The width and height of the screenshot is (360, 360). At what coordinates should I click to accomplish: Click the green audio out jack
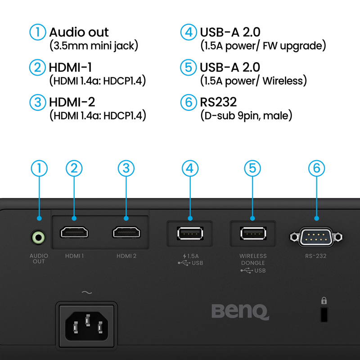coord(39,236)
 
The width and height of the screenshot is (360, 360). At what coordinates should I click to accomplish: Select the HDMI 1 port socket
coord(74,233)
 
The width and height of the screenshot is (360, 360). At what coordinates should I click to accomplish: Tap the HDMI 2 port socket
coord(126,233)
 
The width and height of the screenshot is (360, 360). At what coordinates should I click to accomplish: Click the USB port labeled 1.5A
coord(190,233)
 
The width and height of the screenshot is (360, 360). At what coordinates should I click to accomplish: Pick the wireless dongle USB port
coord(252,233)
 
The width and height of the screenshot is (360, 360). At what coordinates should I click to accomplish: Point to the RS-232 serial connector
coord(316,236)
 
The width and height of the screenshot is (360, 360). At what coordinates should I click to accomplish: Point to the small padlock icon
coord(324,301)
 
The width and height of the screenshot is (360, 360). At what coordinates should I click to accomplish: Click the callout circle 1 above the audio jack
coord(39,168)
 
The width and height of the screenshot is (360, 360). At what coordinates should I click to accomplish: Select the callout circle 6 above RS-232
coord(316,168)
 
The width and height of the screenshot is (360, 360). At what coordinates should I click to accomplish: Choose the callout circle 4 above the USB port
coord(190,168)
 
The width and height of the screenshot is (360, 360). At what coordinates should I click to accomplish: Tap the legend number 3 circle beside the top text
coord(37,102)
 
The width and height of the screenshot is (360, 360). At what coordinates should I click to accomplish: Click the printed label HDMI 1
coord(74,256)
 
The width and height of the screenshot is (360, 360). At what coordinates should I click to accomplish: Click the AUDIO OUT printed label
coord(39,259)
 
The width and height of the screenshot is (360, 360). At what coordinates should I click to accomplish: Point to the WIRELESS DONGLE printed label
coord(252,259)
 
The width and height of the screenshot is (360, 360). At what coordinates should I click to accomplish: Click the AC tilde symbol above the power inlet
coord(87,293)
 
